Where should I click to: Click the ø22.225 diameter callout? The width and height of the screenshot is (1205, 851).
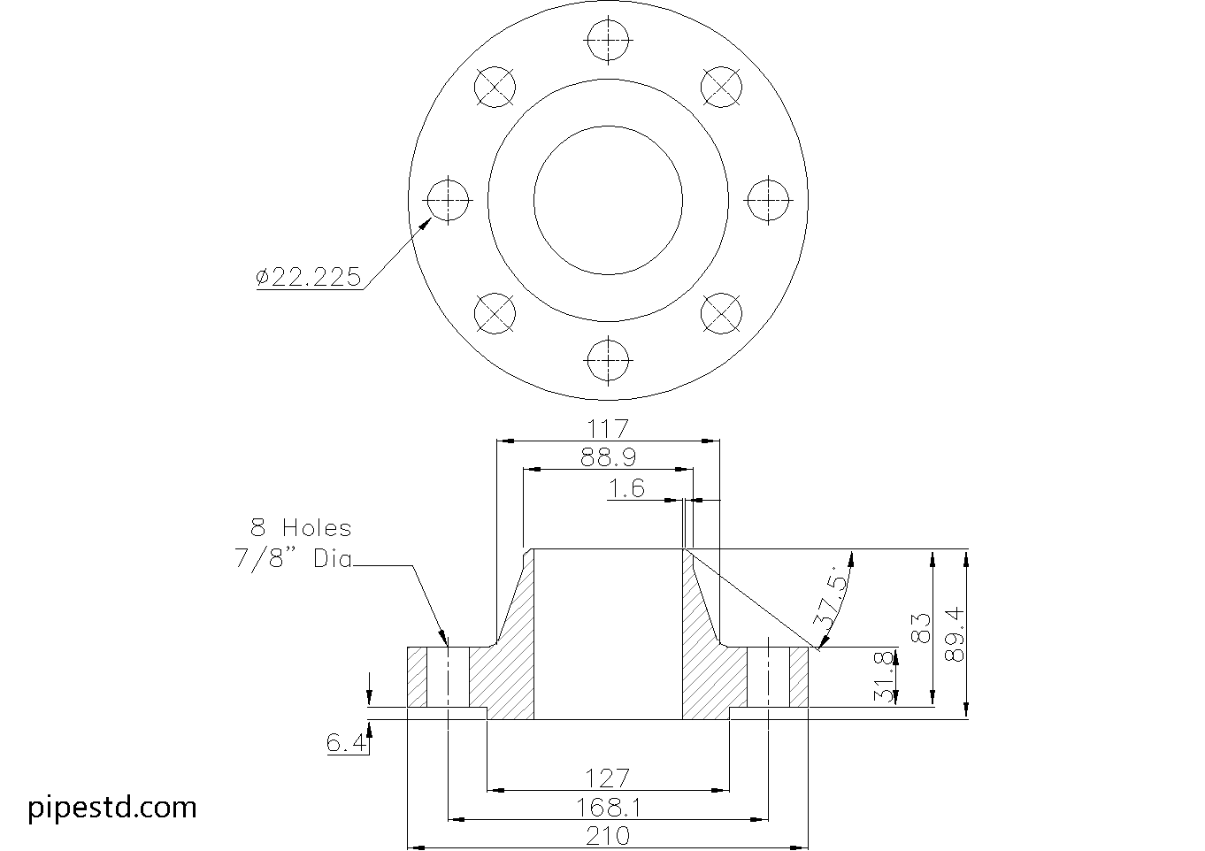[309, 277]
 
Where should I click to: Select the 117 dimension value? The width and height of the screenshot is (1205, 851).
[608, 428]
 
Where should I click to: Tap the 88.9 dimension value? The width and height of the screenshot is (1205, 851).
[608, 457]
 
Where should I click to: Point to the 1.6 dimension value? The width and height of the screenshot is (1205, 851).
[626, 488]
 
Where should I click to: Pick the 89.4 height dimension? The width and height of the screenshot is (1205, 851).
[953, 634]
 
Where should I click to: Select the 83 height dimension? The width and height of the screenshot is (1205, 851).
[920, 628]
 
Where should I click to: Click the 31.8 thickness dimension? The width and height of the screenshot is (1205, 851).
[883, 678]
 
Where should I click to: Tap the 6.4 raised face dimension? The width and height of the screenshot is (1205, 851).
[346, 743]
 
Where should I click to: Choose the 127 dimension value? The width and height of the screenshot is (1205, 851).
[608, 778]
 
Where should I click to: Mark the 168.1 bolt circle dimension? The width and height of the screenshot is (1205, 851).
[608, 808]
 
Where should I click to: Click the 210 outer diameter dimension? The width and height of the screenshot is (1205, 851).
[608, 836]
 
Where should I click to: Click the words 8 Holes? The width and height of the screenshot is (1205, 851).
[301, 528]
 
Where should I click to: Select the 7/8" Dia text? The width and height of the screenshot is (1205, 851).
[293, 559]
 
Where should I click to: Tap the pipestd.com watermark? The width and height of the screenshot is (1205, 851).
[112, 807]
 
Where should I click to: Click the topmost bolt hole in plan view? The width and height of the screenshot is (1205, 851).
[608, 41]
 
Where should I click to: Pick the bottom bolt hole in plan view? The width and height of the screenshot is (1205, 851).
[608, 361]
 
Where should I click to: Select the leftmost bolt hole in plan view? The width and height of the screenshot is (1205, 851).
[449, 200]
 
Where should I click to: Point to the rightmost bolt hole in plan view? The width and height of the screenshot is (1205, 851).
[768, 200]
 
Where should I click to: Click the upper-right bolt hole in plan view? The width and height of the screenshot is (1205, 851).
[721, 87]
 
